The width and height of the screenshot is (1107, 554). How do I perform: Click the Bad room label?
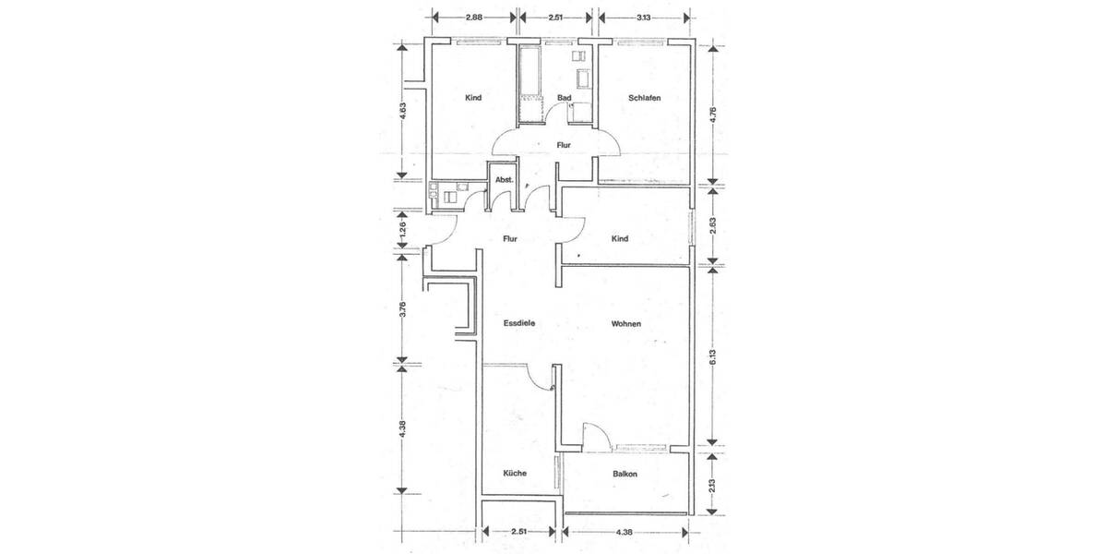[565, 98]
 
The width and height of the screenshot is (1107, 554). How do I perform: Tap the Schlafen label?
[644, 98]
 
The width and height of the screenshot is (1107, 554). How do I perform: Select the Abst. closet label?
[504, 179]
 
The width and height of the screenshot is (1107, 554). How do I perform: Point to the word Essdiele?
[519, 323]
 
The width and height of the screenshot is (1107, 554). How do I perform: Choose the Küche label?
[514, 473]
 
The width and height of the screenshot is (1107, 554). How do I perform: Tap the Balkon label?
[625, 474]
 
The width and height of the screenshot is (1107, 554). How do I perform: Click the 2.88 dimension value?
[474, 17]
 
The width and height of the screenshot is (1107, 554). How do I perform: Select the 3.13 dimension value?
[644, 17]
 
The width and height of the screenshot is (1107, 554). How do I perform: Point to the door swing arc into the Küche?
[538, 377]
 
